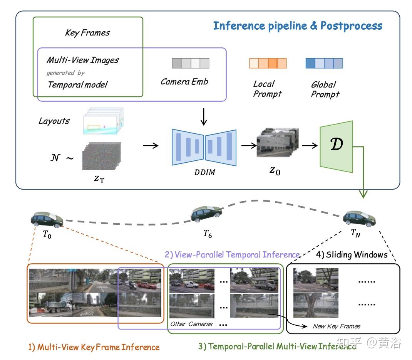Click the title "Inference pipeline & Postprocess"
pyautogui.click(x=298, y=26)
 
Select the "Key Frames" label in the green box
pyautogui.click(x=87, y=33)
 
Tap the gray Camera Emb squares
pyautogui.click(x=190, y=63)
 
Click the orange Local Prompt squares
pyautogui.click(x=268, y=63)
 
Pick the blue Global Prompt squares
pyautogui.click(x=324, y=63)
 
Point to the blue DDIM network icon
pyautogui.click(x=204, y=147)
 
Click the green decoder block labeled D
pyautogui.click(x=336, y=146)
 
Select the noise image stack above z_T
pyautogui.click(x=102, y=156)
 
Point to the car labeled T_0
pyautogui.click(x=47, y=220)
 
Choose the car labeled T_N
pyautogui.click(x=359, y=219)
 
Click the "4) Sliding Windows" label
pyautogui.click(x=352, y=255)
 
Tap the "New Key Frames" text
pyautogui.click(x=337, y=326)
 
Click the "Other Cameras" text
pyautogui.click(x=191, y=324)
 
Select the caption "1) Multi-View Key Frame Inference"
pyautogui.click(x=94, y=347)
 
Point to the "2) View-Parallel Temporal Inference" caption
pyautogui.click(x=232, y=255)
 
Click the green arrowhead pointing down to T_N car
pyautogui.click(x=363, y=195)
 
